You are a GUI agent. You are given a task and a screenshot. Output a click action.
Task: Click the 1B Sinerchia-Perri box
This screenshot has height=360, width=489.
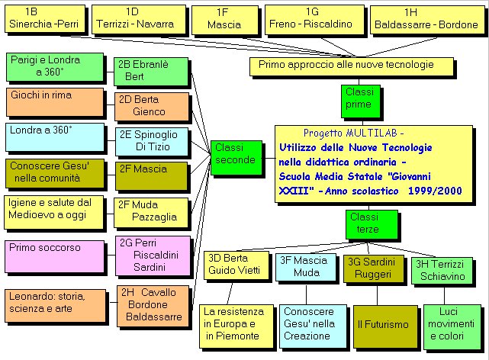43,19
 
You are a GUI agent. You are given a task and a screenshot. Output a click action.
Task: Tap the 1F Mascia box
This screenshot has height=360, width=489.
222,19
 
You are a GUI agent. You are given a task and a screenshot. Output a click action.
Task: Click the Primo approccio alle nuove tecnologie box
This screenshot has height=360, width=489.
346,66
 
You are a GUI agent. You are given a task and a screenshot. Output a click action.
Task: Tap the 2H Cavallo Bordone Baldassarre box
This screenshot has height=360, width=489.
156,304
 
